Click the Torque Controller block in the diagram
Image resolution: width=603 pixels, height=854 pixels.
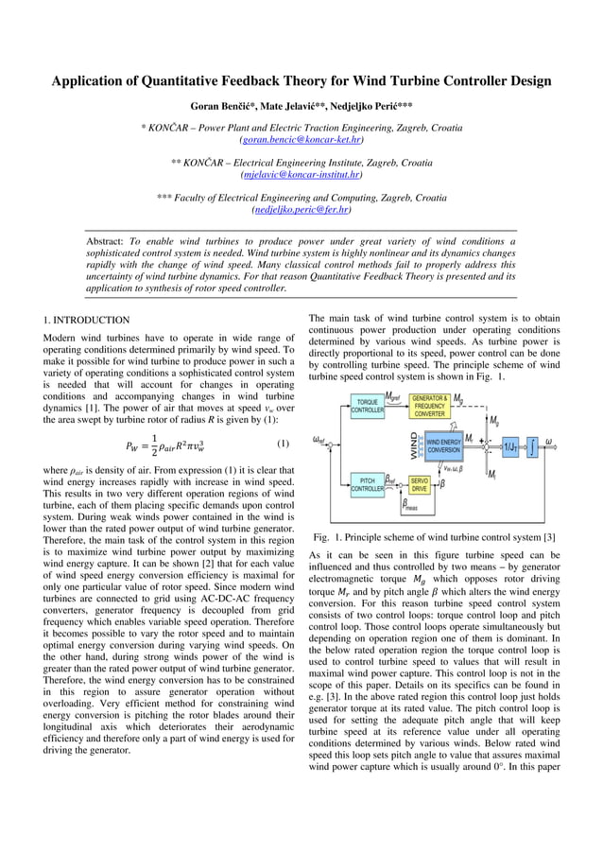(x=368, y=406)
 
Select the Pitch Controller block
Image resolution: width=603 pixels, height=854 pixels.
(x=368, y=484)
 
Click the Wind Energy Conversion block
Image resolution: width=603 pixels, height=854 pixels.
(x=443, y=445)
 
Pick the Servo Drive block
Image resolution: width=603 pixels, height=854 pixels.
(x=420, y=485)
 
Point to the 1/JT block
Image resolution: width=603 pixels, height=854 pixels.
(x=511, y=445)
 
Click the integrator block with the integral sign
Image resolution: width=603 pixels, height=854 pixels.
(x=534, y=445)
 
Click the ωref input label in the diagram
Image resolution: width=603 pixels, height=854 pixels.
(x=322, y=440)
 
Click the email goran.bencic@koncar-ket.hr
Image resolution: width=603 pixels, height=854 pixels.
(x=301, y=139)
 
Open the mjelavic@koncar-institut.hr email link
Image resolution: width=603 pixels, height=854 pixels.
(x=301, y=175)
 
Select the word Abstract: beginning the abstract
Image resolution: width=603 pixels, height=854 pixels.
(x=105, y=242)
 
